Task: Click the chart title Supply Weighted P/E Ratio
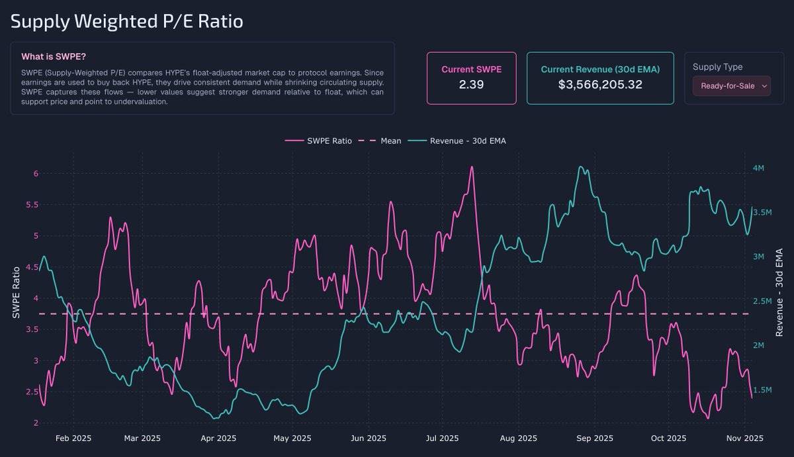[126, 21]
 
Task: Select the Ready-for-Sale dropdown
[731, 86]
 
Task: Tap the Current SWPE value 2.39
[471, 85]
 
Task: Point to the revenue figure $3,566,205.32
[600, 85]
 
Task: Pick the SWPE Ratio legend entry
[318, 141]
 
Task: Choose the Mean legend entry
[380, 141]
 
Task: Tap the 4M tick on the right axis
[758, 168]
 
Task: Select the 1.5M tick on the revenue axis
[762, 390]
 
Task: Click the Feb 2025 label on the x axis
[73, 438]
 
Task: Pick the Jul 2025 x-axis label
[442, 438]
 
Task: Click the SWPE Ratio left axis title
[17, 292]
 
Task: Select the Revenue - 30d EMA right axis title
[779, 292]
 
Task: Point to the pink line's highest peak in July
[471, 167]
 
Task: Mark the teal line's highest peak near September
[580, 167]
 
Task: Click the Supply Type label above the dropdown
[717, 67]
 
